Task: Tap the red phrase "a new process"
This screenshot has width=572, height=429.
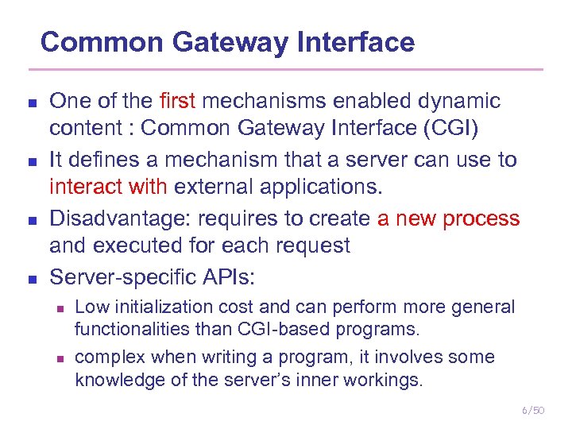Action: [448, 218]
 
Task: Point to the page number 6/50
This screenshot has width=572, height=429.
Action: [533, 410]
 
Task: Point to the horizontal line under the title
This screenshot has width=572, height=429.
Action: [286, 69]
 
